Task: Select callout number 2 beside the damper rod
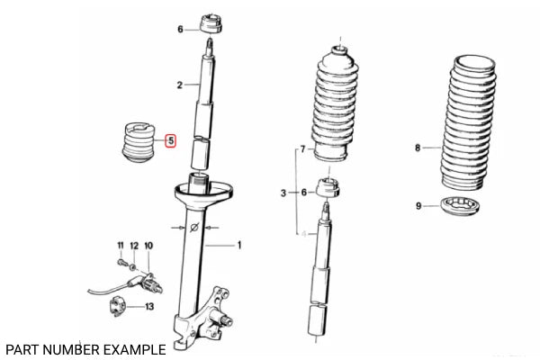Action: (x=180, y=85)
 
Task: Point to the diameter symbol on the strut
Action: (x=194, y=229)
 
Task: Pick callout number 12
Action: (x=134, y=246)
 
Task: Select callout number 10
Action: (x=148, y=246)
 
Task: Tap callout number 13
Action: (x=148, y=307)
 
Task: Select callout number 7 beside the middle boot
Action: (x=303, y=148)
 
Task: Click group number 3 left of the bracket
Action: (x=283, y=193)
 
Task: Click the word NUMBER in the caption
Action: (x=67, y=348)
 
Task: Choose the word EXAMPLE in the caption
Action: (x=132, y=348)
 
